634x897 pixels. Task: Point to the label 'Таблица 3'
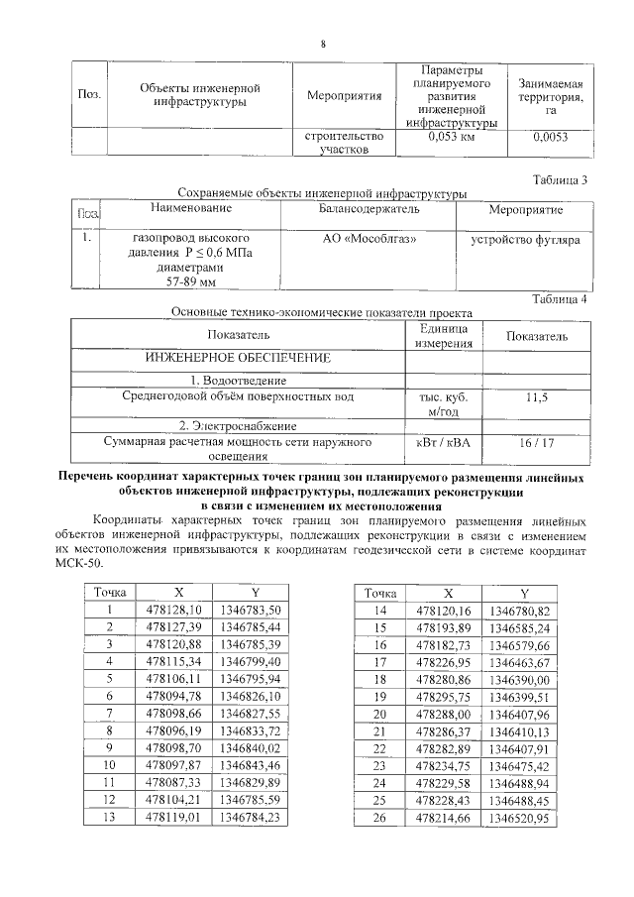pos(560,179)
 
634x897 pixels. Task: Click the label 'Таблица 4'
pos(560,298)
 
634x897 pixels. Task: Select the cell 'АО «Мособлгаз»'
pos(370,240)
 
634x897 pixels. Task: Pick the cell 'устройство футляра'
pos(525,240)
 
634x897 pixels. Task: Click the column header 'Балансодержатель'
pos(369,210)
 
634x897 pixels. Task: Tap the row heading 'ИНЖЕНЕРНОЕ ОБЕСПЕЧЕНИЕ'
pos(238,356)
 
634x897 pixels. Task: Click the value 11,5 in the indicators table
pos(537,397)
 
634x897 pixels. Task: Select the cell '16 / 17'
pos(537,443)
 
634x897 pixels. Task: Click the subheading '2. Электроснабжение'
pos(238,424)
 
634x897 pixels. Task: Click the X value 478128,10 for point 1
pos(173,610)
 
